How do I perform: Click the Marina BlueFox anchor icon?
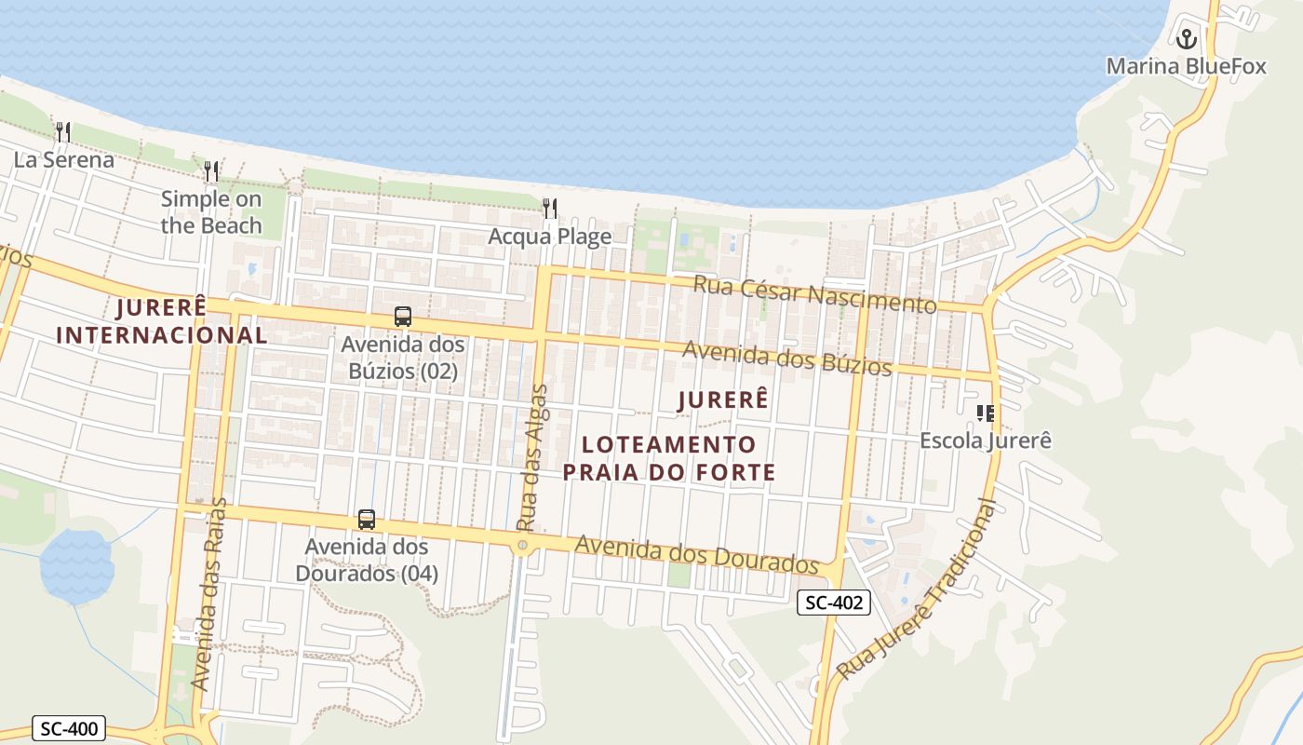[x=1186, y=39]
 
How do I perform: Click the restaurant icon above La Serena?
[x=62, y=131]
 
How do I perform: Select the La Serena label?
[x=63, y=159]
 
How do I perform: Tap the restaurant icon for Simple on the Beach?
[x=211, y=170]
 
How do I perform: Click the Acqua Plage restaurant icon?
[x=550, y=208]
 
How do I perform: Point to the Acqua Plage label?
[x=550, y=237]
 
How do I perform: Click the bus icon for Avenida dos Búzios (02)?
[x=402, y=317]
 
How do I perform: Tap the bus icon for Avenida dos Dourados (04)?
[x=367, y=520]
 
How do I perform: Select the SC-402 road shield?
[x=833, y=603]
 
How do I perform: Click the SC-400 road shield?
[x=69, y=728]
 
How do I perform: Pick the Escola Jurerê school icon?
[x=985, y=413]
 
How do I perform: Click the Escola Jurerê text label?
[x=985, y=440]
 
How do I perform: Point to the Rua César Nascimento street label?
[x=815, y=294]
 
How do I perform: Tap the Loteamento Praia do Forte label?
[x=668, y=457]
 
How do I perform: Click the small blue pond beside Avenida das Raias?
[x=76, y=564]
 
